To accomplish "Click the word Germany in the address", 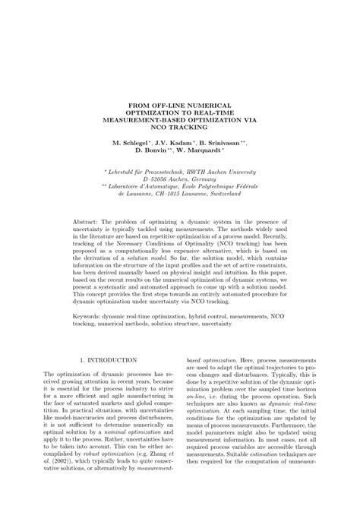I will coord(205,183).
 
